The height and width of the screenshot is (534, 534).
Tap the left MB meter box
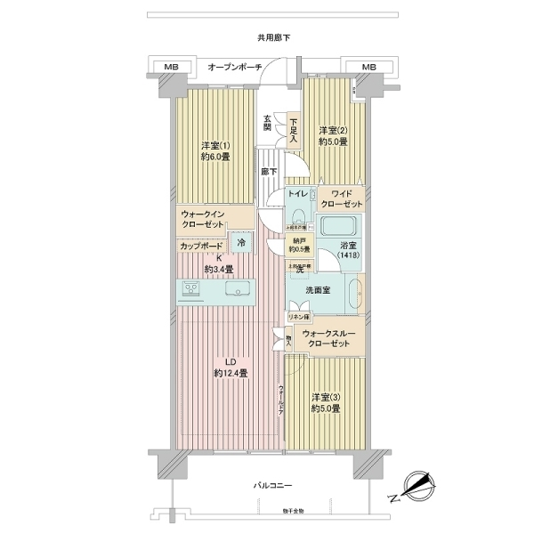click(171, 67)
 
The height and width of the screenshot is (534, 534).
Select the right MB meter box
click(368, 67)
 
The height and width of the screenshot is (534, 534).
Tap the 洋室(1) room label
click(216, 150)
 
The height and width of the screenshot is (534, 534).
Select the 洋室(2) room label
click(333, 135)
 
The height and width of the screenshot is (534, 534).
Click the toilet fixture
click(297, 217)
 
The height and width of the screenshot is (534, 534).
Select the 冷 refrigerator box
click(240, 239)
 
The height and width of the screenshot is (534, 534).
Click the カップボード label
click(202, 244)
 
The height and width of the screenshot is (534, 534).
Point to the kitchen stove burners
click(191, 289)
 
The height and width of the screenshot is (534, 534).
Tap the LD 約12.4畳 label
click(231, 367)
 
